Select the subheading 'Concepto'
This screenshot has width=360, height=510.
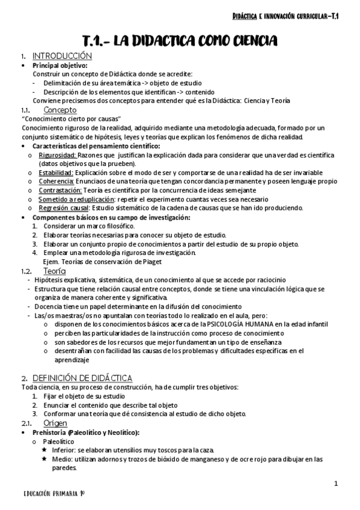coord(60,110)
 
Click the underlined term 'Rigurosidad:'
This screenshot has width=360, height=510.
coord(57,155)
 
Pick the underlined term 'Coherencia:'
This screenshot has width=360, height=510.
coord(56,182)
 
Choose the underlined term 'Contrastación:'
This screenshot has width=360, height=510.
coord(60,190)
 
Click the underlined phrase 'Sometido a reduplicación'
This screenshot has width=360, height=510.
coord(76,199)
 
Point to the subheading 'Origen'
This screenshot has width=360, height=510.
coord(55,423)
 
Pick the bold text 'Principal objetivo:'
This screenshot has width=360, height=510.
coord(59,65)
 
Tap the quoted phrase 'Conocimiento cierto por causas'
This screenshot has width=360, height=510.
coord(71,119)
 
